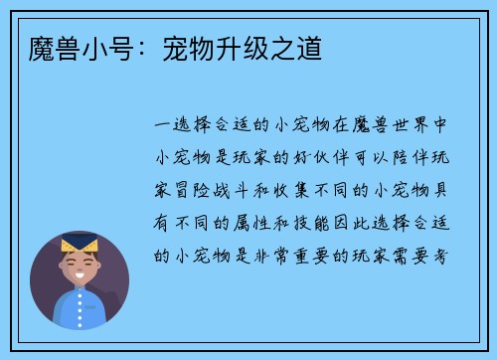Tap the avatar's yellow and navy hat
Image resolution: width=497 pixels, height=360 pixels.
(x=80, y=245)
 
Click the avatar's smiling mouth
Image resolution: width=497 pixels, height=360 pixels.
(x=80, y=273)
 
